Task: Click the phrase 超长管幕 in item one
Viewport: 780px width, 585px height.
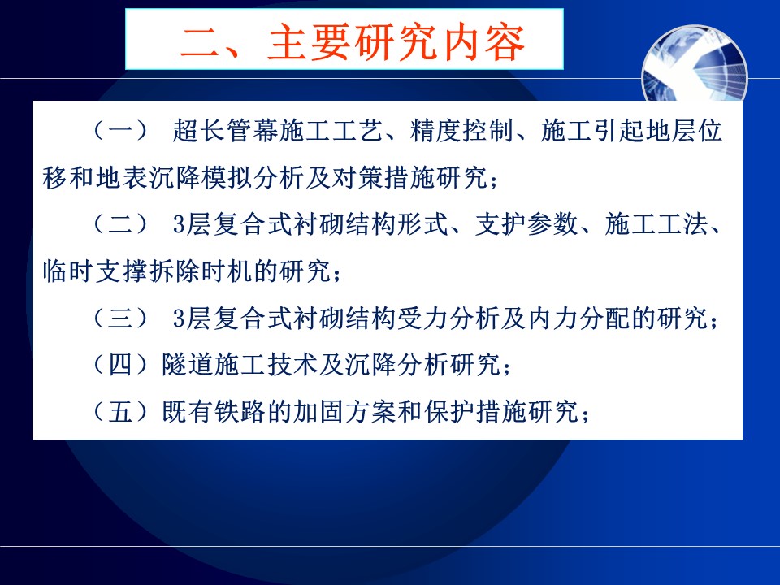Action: [x=224, y=131]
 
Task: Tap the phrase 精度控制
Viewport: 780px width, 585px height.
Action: [x=461, y=131]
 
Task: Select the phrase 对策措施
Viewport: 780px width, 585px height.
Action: [x=383, y=178]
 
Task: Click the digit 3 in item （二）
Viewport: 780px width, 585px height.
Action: [x=179, y=225]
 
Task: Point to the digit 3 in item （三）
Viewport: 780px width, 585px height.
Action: [x=179, y=318]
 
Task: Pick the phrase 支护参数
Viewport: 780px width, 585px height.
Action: [x=526, y=224]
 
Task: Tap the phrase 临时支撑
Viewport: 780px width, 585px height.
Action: [x=94, y=271]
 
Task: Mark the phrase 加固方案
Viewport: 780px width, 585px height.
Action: [x=344, y=411]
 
